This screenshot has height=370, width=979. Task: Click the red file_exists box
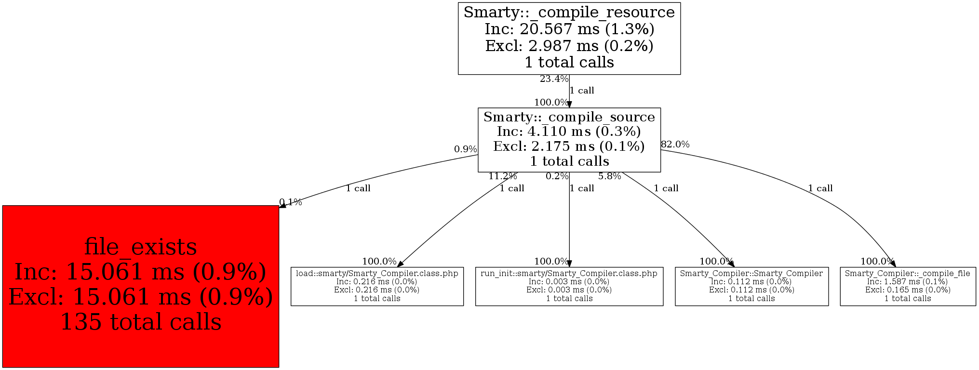[x=140, y=286]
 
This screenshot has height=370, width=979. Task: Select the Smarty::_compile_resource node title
[x=569, y=12]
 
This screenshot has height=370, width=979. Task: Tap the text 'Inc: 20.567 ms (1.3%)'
[x=569, y=29]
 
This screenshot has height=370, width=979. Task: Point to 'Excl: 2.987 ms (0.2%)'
[x=569, y=46]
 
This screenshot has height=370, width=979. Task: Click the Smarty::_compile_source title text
[x=569, y=117]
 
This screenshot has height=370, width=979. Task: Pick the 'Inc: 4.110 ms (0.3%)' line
[x=569, y=131]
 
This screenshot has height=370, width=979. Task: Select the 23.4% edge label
[x=554, y=79]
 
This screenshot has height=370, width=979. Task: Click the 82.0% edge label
[x=675, y=144]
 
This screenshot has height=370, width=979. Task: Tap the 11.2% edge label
[x=502, y=176]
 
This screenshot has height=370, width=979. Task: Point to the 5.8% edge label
[x=609, y=176]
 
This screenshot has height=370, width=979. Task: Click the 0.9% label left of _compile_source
[x=465, y=149]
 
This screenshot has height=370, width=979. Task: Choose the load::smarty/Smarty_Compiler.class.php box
[x=377, y=286]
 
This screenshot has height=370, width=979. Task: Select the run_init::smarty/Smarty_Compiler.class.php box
[x=569, y=286]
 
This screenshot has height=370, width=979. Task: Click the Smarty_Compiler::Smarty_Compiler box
[x=751, y=286]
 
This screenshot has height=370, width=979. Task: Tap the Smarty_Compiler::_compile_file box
[x=908, y=286]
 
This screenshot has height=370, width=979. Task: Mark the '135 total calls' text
[x=140, y=322]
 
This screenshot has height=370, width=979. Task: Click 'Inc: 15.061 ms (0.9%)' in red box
[x=140, y=272]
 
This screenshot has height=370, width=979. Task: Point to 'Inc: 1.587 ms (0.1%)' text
[x=908, y=282]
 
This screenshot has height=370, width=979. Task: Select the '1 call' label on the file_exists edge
[x=358, y=188]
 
